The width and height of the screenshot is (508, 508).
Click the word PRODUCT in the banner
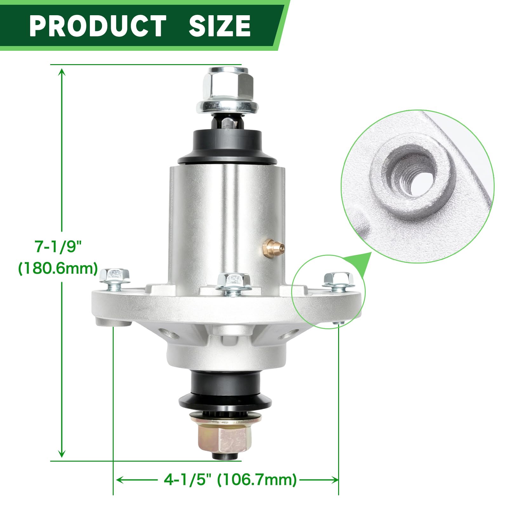pos(98,26)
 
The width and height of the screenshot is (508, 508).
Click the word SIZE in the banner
pos(220,26)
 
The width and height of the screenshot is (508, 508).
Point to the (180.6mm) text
pos(58,269)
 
